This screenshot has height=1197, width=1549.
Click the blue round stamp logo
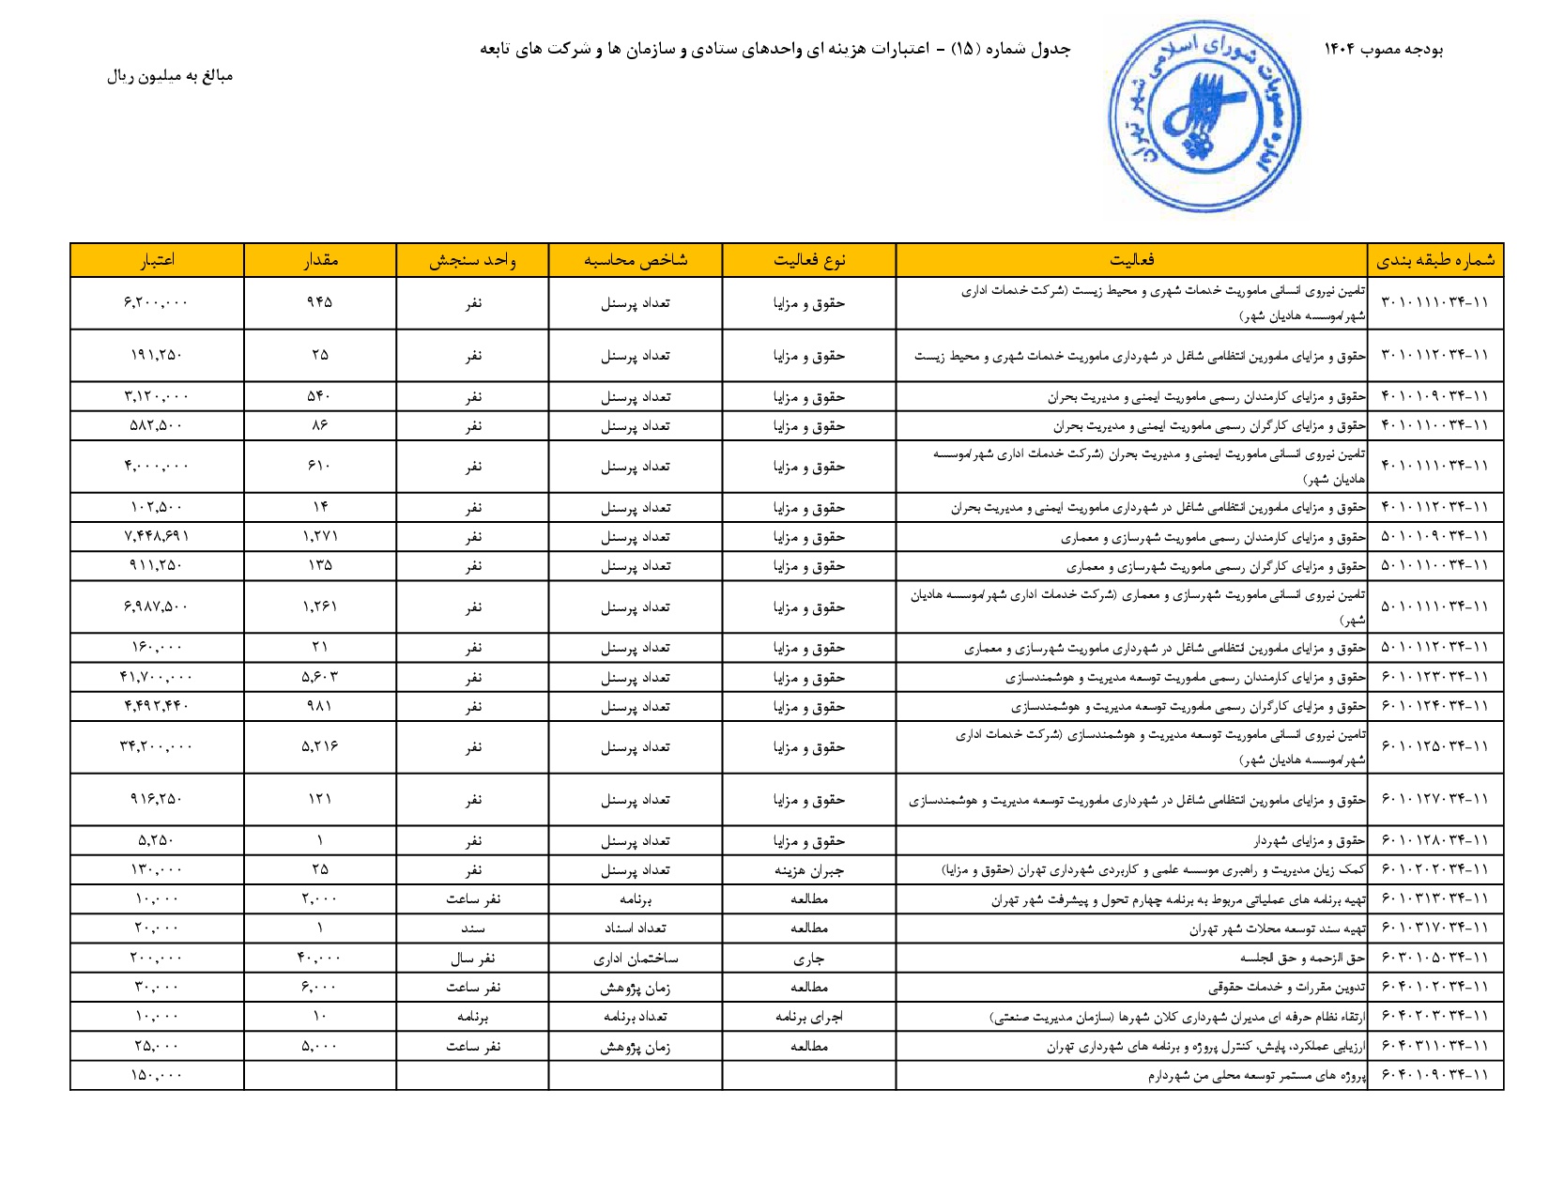(1204, 116)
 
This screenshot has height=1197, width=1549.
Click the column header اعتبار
(157, 260)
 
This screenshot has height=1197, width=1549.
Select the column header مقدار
(320, 260)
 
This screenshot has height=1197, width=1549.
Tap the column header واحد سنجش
(472, 260)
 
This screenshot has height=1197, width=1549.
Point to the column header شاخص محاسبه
(636, 260)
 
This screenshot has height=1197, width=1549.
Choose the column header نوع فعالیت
(809, 260)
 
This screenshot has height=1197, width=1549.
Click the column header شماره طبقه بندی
(1435, 260)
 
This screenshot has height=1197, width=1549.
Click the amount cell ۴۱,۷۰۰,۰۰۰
(157, 677)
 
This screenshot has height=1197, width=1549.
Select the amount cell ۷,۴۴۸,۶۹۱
(157, 536)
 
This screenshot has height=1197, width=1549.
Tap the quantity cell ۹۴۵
(320, 302)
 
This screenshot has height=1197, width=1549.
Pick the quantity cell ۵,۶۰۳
(320, 677)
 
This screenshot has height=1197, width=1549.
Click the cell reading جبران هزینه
(809, 870)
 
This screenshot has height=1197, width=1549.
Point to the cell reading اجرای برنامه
(809, 1017)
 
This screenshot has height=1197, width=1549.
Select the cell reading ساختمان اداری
(636, 959)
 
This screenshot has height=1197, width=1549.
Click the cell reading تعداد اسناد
(636, 928)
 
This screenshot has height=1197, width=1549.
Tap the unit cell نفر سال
(472, 959)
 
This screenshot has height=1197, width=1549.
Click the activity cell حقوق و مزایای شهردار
(1310, 841)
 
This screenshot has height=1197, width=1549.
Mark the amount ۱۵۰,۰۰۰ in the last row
(157, 1075)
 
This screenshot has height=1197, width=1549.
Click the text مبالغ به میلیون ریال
(170, 76)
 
